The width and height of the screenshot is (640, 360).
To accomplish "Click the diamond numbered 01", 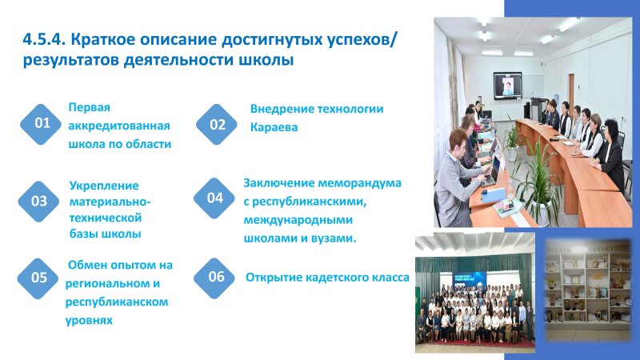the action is pyautogui.click(x=41, y=124).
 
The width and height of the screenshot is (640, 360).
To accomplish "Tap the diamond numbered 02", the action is pyautogui.click(x=216, y=124).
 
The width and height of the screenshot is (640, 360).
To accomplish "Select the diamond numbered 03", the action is pyautogui.click(x=38, y=202).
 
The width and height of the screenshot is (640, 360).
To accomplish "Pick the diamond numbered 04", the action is pyautogui.click(x=214, y=198).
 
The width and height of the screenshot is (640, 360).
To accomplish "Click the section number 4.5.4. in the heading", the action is pyautogui.click(x=44, y=40).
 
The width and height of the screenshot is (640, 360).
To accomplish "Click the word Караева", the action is pyautogui.click(x=274, y=127).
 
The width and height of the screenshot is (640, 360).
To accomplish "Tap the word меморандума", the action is pyautogui.click(x=359, y=183).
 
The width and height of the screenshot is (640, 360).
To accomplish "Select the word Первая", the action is pyautogui.click(x=90, y=107).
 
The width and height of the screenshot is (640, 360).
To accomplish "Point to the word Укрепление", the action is pyautogui.click(x=104, y=186).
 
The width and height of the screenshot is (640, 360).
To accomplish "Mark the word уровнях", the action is pyautogui.click(x=89, y=321).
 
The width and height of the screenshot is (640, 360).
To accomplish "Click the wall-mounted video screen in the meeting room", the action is pyautogui.click(x=508, y=86).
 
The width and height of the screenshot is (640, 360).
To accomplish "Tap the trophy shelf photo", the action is pyautogui.click(x=588, y=285).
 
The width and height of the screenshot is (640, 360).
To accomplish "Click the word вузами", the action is pyautogui.click(x=334, y=238).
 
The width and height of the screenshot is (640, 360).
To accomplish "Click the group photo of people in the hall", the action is pyautogui.click(x=475, y=293).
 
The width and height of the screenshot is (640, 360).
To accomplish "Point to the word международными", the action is pyautogui.click(x=298, y=221).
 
